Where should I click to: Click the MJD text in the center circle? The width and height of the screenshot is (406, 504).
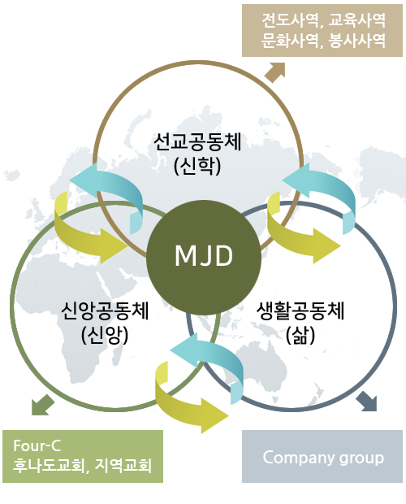pyautogui.click(x=204, y=255)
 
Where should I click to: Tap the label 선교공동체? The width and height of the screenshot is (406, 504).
pyautogui.click(x=197, y=141)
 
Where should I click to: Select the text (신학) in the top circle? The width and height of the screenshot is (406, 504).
pyautogui.click(x=197, y=166)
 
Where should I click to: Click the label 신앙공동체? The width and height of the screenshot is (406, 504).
pyautogui.click(x=105, y=311)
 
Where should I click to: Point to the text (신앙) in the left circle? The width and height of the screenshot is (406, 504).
pyautogui.click(x=105, y=335)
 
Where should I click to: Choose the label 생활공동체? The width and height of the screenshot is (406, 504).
pyautogui.click(x=300, y=311)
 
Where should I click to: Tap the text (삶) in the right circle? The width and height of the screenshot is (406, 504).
pyautogui.click(x=300, y=335)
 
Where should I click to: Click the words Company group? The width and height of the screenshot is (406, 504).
pyautogui.click(x=323, y=458)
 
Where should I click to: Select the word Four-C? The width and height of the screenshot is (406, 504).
pyautogui.click(x=37, y=445)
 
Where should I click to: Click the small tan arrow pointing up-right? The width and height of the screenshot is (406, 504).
pyautogui.click(x=276, y=72)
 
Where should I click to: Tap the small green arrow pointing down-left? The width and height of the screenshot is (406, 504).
pyautogui.click(x=42, y=405)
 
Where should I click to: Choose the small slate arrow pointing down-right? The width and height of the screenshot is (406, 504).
pyautogui.click(x=367, y=402)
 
